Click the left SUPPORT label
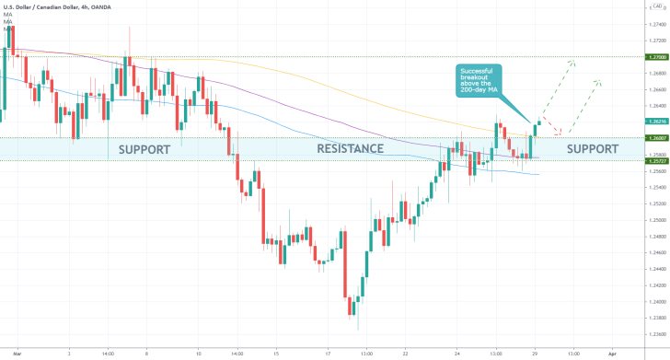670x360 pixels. point(144,148)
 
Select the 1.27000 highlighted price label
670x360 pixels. point(657,57)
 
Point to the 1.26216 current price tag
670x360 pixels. point(657,122)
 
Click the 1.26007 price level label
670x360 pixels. point(657,138)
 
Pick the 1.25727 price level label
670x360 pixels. point(657,160)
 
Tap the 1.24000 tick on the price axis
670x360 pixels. point(657,301)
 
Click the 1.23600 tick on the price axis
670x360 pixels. point(657,333)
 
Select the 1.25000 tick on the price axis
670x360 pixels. point(657,220)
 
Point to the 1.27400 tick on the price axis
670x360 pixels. point(657,25)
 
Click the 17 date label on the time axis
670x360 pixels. point(329,352)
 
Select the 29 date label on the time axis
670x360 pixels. point(535,352)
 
